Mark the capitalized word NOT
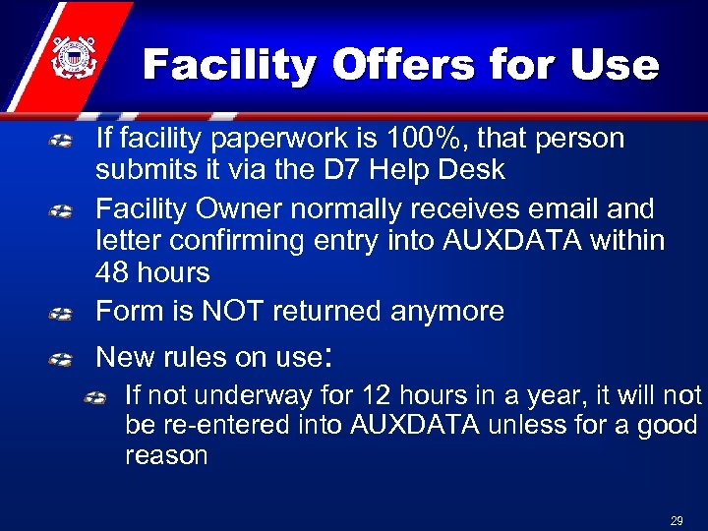pos(234,311)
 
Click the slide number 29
pos(677,520)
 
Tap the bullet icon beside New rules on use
pos(61,358)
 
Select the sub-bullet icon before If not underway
pos(95,397)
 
